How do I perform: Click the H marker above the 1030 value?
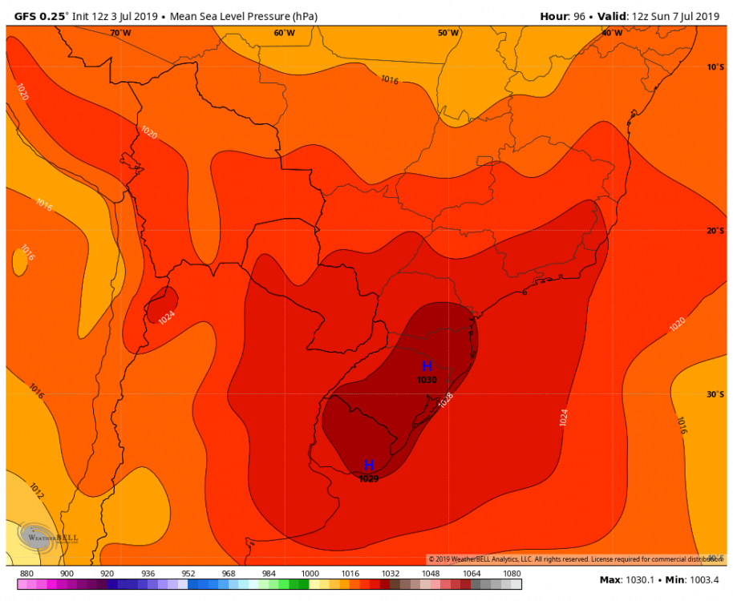[427, 366]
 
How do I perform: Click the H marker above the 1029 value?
[369, 466]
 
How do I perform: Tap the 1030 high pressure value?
[427, 380]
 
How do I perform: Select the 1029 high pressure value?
[369, 478]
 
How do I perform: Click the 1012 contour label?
[36, 488]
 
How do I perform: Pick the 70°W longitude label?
[120, 33]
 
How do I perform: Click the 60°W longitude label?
[284, 33]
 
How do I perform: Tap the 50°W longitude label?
[448, 33]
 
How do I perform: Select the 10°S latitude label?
[715, 67]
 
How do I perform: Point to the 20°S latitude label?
[715, 231]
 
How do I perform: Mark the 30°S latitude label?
[715, 394]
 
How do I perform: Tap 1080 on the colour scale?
[511, 574]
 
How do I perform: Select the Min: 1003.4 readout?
[695, 579]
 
